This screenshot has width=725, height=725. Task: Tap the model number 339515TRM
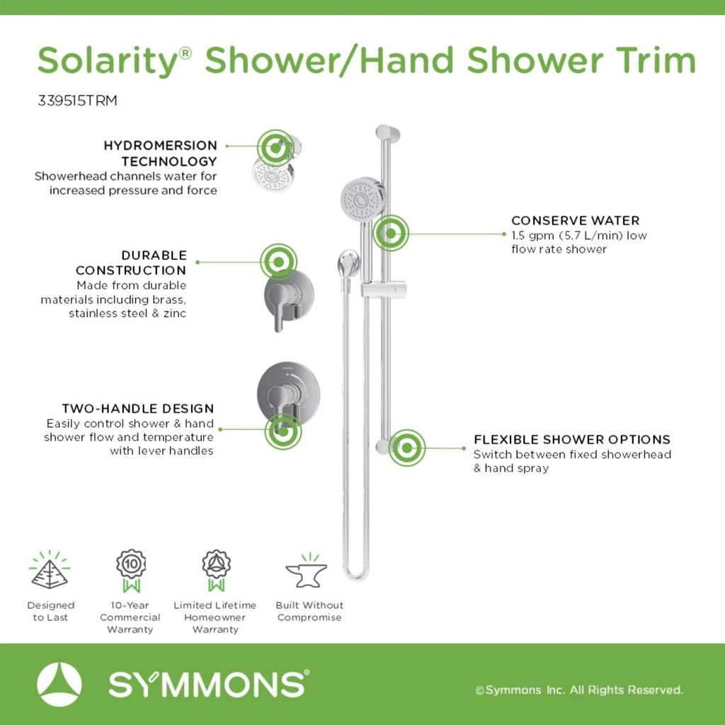[77, 101]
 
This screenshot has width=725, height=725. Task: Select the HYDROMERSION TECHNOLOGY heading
[161, 153]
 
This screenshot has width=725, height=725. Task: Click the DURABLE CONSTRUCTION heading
[132, 262]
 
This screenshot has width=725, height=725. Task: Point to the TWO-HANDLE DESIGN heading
[138, 409]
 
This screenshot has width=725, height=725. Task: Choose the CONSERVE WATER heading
[575, 220]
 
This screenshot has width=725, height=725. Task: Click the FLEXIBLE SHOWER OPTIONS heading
[572, 440]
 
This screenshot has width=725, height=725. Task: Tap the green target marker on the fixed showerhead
[275, 147]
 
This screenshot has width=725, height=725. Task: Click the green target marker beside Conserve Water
[390, 232]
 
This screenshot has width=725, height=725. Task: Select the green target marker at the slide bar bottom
[406, 447]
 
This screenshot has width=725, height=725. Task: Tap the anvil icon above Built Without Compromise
[307, 572]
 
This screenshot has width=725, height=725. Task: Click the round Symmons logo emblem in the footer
[59, 684]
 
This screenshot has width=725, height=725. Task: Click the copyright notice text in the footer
[579, 690]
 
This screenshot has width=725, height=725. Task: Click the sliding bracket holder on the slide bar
[384, 288]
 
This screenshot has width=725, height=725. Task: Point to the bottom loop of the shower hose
[356, 572]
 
